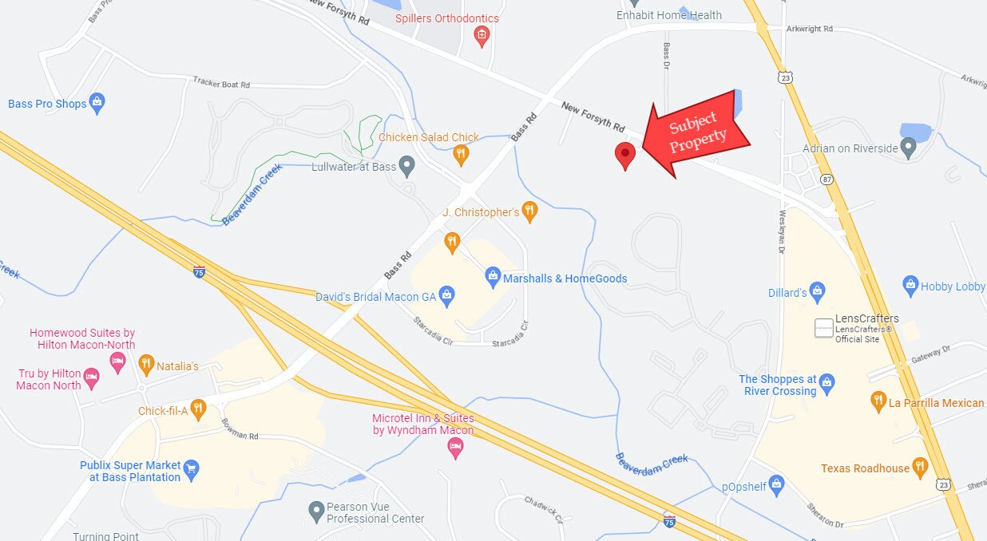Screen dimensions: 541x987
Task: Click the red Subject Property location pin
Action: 624,154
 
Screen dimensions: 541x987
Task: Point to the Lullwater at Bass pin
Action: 407,167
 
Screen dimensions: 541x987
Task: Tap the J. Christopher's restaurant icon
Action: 529,211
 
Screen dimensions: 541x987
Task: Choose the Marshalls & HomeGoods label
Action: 565,278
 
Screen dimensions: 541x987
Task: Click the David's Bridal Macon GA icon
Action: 447,296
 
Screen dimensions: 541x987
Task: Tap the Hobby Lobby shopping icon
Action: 910,285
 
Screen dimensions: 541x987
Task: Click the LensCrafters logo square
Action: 823,327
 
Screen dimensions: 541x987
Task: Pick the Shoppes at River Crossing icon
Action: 827,384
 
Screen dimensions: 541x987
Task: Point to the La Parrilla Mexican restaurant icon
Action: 878,401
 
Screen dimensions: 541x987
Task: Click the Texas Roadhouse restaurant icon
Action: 920,467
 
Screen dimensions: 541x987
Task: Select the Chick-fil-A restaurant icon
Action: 198,410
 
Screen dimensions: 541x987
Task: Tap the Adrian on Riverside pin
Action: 908,147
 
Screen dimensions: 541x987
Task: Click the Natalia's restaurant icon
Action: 145,365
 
